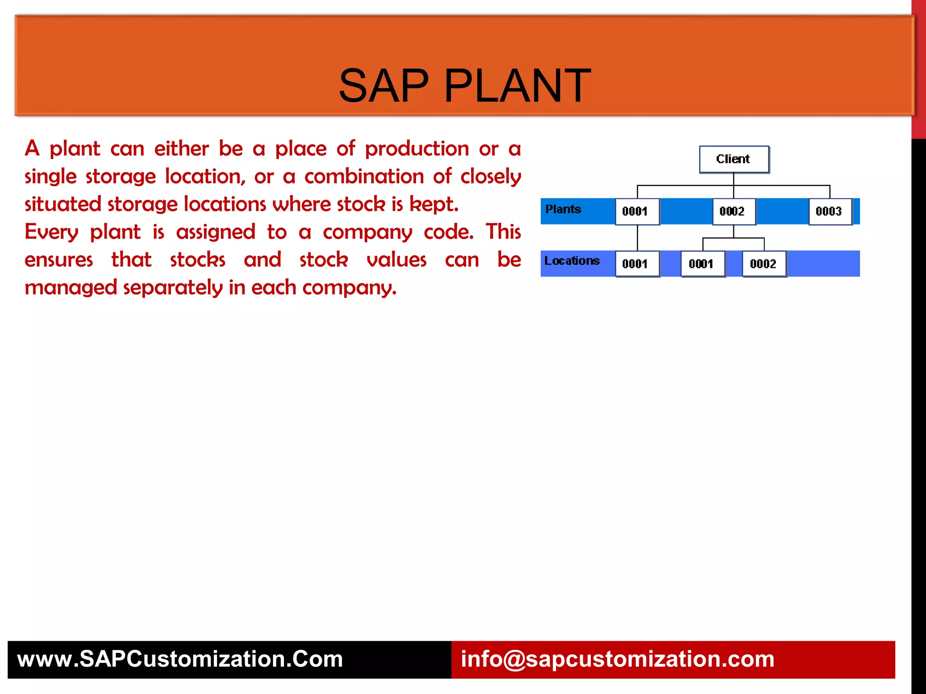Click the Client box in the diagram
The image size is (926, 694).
[x=733, y=159]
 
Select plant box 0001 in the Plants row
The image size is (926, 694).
[x=637, y=211]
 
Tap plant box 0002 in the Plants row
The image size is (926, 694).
[x=733, y=211]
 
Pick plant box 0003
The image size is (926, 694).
[x=830, y=211]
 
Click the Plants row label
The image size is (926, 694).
[x=563, y=209]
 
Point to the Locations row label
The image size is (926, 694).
[x=572, y=261]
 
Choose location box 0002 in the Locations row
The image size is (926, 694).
[x=764, y=263]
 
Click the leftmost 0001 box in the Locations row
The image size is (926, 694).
[x=637, y=263]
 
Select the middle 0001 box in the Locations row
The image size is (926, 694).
[x=702, y=263]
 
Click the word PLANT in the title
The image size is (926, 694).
[x=517, y=86]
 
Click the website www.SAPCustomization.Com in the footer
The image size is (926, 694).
[x=180, y=659]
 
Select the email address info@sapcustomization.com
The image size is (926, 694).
[x=617, y=659]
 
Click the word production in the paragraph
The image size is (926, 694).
[x=417, y=149]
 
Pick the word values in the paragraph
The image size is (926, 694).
[x=397, y=260]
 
